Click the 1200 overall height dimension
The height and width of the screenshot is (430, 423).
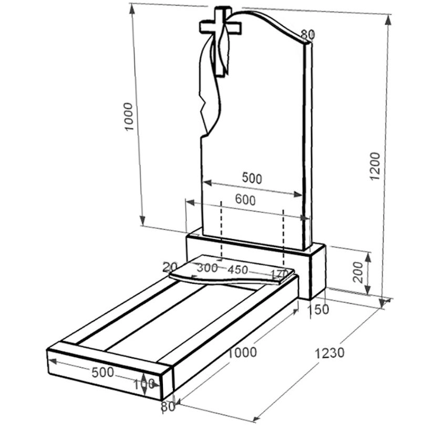pyautogui.click(x=375, y=166)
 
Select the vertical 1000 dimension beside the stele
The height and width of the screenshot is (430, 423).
pyautogui.click(x=128, y=117)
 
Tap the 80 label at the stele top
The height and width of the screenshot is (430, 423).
pyautogui.click(x=308, y=35)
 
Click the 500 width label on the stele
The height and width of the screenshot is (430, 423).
pyautogui.click(x=252, y=178)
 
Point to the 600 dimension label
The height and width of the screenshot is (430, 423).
pyautogui.click(x=245, y=200)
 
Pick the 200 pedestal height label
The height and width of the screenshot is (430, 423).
pyautogui.click(x=358, y=272)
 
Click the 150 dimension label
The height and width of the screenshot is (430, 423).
pyautogui.click(x=318, y=309)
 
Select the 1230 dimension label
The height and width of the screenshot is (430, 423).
pyautogui.click(x=329, y=353)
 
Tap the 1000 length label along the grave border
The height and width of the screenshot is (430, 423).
pyautogui.click(x=242, y=352)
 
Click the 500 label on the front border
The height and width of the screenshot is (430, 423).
pyautogui.click(x=102, y=372)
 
